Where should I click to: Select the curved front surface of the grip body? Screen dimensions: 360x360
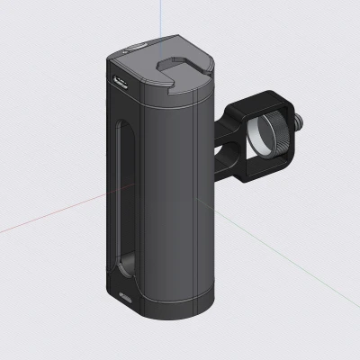pos(166,198)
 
